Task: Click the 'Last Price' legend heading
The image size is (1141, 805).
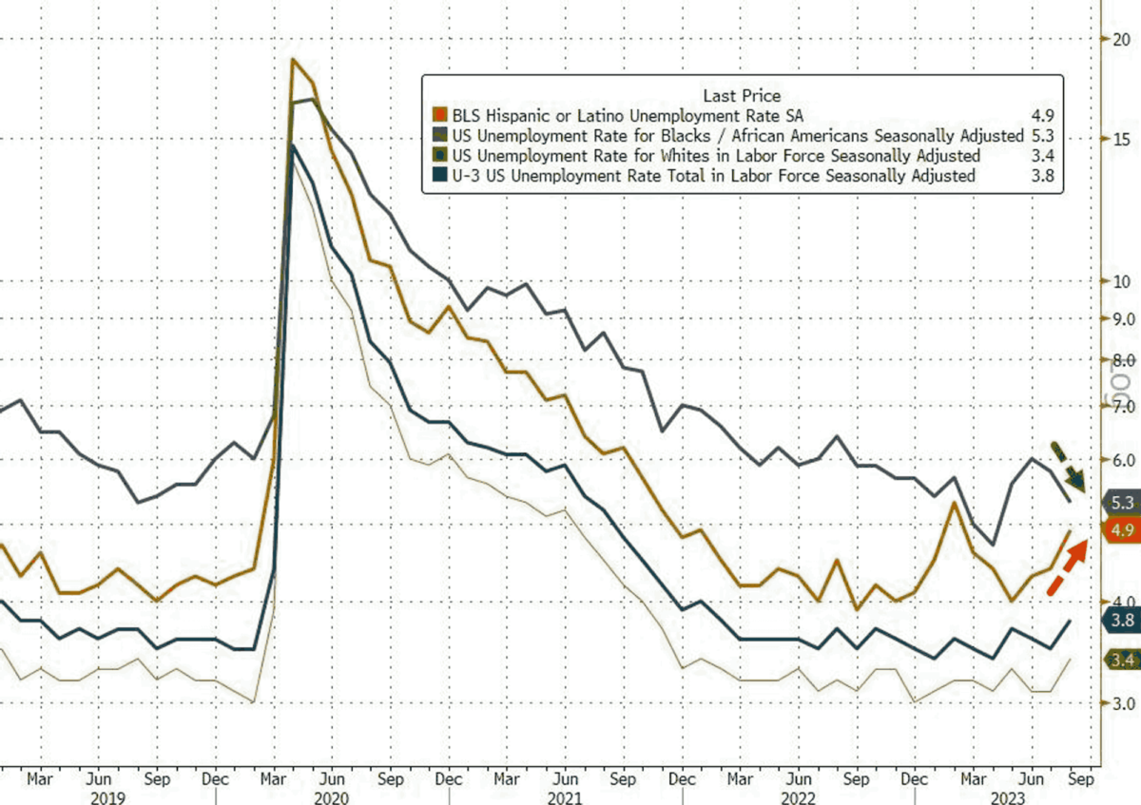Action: point(742,95)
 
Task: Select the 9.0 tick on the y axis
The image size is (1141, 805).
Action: point(1122,319)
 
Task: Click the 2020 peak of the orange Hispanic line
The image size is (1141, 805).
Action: point(294,60)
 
